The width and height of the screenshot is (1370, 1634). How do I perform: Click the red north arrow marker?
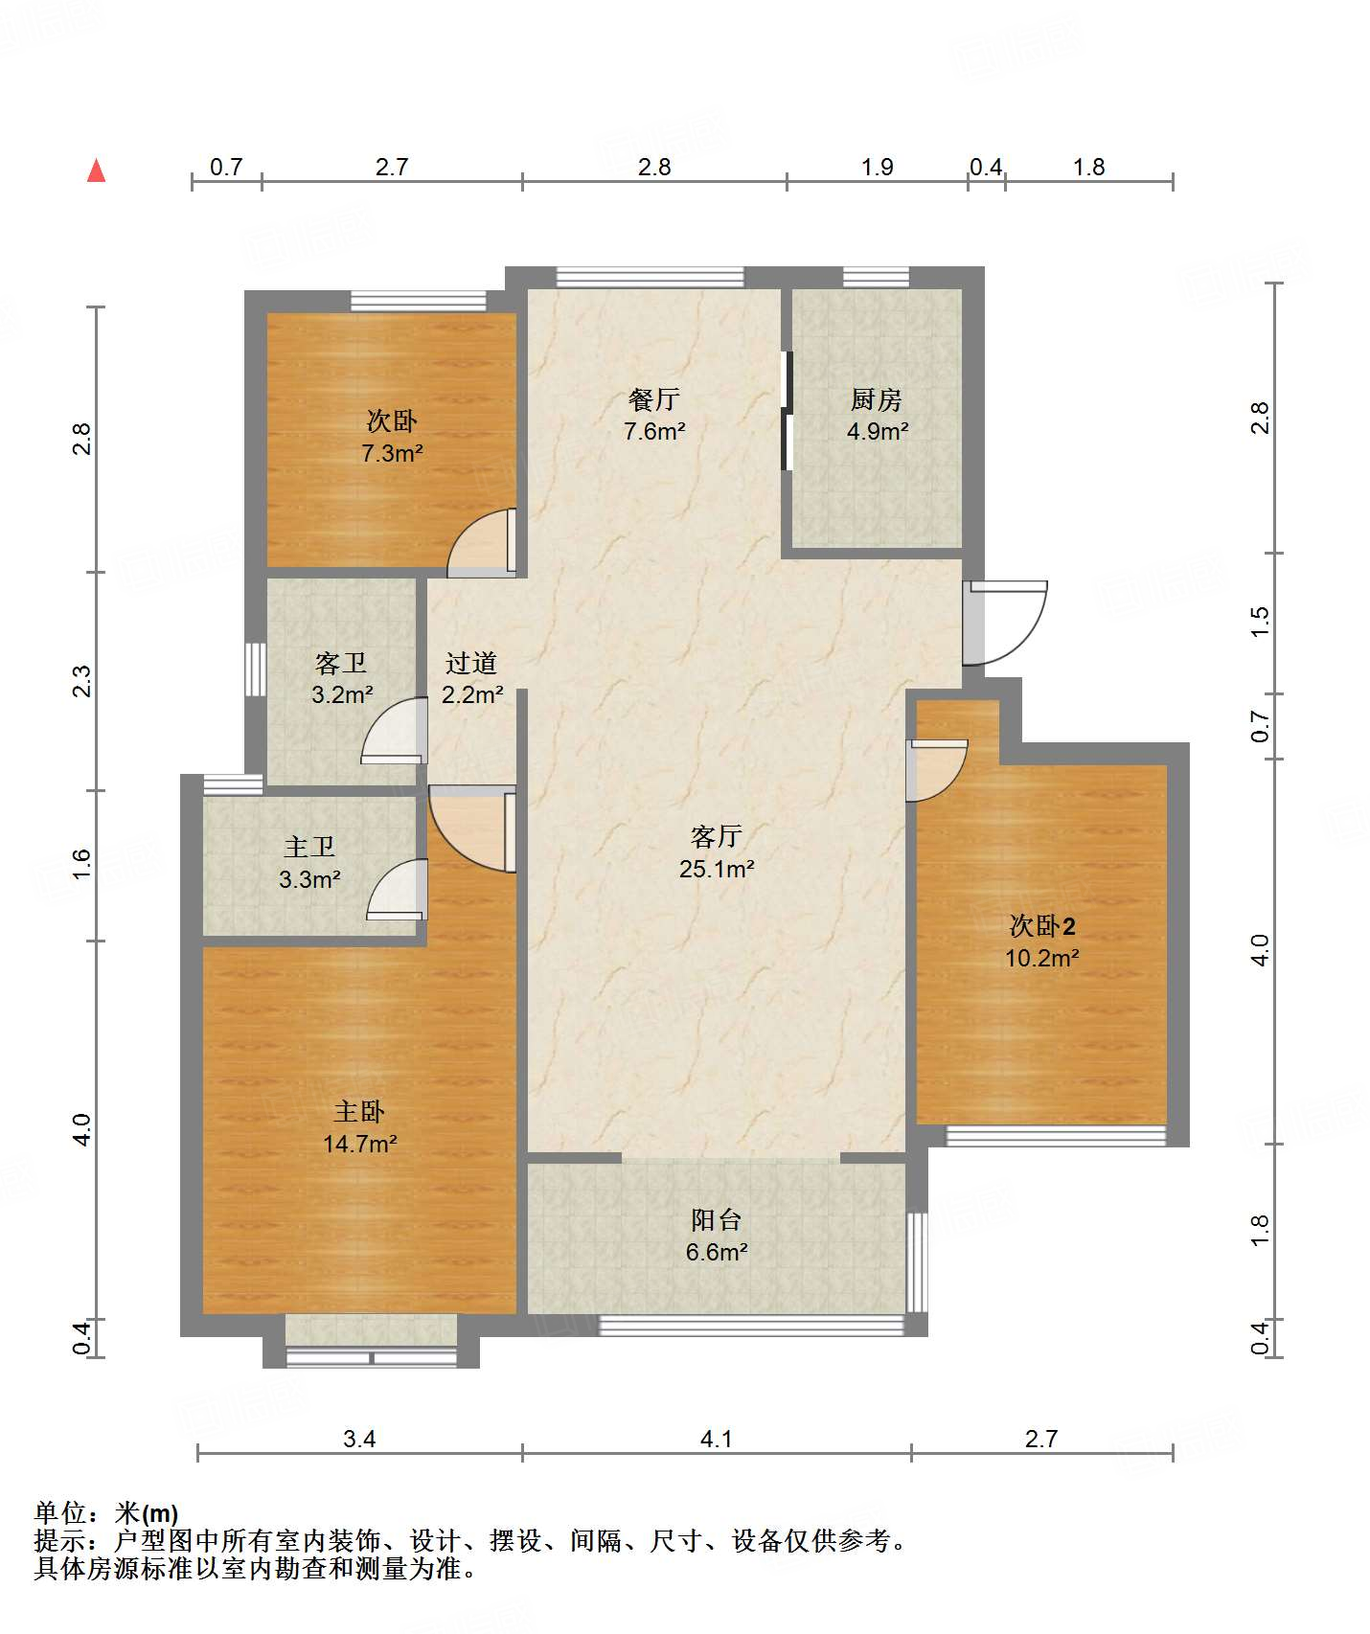coord(96,170)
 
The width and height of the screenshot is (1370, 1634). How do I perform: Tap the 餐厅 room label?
coord(654,398)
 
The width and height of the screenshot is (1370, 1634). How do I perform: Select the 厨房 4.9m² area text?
coord(877,431)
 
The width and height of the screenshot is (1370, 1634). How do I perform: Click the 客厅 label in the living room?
coord(717,836)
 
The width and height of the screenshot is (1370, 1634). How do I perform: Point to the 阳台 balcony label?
coord(717,1219)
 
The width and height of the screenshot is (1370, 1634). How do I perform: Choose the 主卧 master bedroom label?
coord(359,1111)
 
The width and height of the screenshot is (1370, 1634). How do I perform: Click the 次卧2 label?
coord(1042,925)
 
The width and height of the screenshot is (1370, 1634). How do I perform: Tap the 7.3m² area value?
coord(392,453)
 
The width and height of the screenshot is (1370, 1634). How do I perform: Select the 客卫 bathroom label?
coord(341,663)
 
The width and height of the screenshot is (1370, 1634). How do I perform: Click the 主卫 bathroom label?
coord(309,847)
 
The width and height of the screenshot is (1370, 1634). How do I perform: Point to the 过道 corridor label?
coord(471,663)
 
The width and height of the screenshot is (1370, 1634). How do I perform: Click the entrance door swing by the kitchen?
coord(1005,623)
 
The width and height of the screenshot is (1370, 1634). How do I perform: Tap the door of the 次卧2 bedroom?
coord(937,771)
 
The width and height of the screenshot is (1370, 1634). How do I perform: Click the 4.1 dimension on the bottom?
coord(717,1439)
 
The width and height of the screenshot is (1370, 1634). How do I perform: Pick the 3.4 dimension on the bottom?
coord(359,1439)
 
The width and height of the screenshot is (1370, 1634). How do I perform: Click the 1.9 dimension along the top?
coord(877,168)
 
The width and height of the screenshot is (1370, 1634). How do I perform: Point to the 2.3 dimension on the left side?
coord(82,681)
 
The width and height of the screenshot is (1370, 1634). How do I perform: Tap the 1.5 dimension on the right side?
coord(1260,622)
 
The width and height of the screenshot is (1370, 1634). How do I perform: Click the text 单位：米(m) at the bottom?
coord(106,1513)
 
